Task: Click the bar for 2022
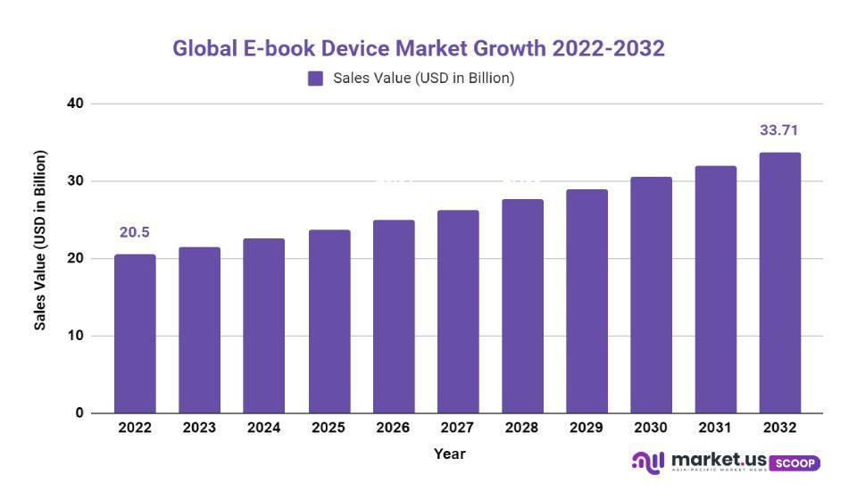pyautogui.click(x=135, y=334)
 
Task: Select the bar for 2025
pyautogui.click(x=329, y=321)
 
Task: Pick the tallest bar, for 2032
pyautogui.click(x=780, y=283)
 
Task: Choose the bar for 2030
pyautogui.click(x=651, y=295)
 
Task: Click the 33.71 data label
pyautogui.click(x=778, y=130)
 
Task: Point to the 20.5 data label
pyautogui.click(x=135, y=233)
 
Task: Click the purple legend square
pyautogui.click(x=315, y=79)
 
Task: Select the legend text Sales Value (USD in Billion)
pyautogui.click(x=424, y=79)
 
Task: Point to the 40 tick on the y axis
pyautogui.click(x=75, y=104)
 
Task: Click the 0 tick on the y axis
pyautogui.click(x=79, y=413)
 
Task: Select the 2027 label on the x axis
pyautogui.click(x=457, y=429)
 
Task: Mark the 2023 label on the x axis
pyautogui.click(x=199, y=429)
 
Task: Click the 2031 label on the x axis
pyautogui.click(x=715, y=429)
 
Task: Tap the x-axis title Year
pyautogui.click(x=450, y=454)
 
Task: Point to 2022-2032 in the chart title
pyautogui.click(x=608, y=48)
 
